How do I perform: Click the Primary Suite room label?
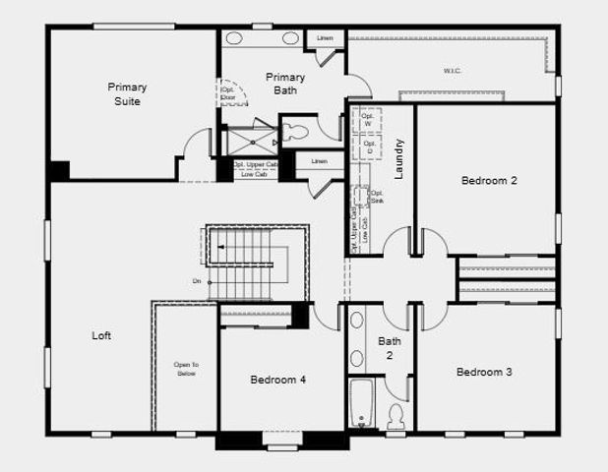(127, 94)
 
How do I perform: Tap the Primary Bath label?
(285, 84)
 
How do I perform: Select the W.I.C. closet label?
(453, 71)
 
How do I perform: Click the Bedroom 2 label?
(489, 181)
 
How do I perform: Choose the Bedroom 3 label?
(484, 373)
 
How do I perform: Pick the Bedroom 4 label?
(278, 380)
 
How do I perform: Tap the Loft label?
(101, 336)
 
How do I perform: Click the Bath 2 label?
(389, 348)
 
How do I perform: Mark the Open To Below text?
(187, 369)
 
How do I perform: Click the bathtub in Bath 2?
(361, 403)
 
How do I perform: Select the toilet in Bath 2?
(396, 416)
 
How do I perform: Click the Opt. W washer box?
(368, 119)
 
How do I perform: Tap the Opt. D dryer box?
(369, 147)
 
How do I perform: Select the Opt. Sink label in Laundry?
(376, 196)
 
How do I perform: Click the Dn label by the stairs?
(197, 282)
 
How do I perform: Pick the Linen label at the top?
(325, 38)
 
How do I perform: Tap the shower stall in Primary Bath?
(250, 140)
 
